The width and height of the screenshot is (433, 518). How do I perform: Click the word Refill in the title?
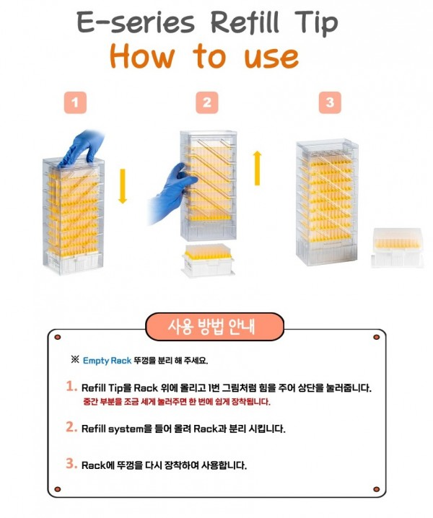tap(245, 23)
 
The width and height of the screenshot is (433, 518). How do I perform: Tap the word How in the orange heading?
tap(142, 56)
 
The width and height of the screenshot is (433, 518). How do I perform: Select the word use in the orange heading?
tap(271, 58)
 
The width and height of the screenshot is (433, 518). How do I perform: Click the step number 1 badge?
tap(75, 102)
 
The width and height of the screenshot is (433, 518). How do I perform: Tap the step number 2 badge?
tap(207, 102)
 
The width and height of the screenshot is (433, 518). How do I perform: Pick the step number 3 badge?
tap(330, 102)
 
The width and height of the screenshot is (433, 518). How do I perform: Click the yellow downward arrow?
tap(123, 186)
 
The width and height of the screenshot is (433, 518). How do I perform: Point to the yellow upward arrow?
tap(257, 168)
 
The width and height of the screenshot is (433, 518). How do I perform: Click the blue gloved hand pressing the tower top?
tap(83, 149)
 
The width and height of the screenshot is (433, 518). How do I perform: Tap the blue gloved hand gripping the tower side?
tap(172, 195)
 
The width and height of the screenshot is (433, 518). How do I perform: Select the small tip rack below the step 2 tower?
tap(208, 260)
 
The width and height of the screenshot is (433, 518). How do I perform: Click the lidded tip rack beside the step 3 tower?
tap(398, 247)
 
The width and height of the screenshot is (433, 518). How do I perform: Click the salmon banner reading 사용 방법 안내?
tap(215, 327)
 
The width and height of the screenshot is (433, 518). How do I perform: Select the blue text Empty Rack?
tap(107, 361)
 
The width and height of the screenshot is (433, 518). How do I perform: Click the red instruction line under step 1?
tap(177, 402)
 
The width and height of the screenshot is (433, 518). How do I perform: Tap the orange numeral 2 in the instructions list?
tap(71, 427)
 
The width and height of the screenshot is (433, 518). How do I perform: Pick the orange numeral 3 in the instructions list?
tap(71, 463)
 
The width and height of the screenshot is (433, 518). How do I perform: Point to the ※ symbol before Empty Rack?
tap(75, 360)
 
